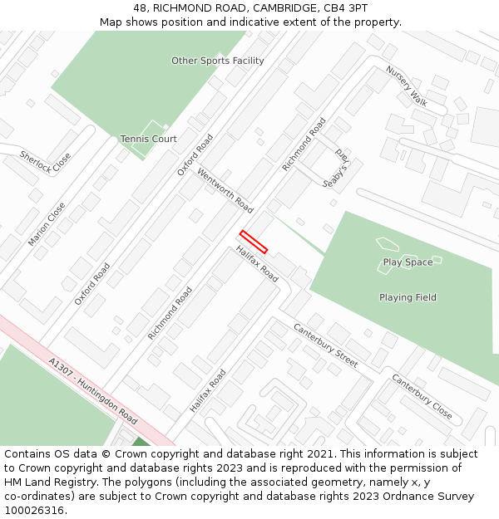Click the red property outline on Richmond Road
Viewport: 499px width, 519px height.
click(x=254, y=241)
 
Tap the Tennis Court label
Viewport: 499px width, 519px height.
click(x=148, y=139)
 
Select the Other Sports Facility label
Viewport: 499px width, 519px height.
click(x=217, y=61)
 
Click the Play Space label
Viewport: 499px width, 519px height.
click(x=408, y=262)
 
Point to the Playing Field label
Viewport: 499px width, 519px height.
click(x=408, y=297)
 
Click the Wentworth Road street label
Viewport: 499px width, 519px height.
click(x=225, y=190)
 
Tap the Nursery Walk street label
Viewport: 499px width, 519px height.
click(x=407, y=86)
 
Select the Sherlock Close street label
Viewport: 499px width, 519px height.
click(x=46, y=162)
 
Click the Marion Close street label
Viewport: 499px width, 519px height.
click(x=47, y=223)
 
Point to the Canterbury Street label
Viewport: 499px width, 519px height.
click(x=325, y=345)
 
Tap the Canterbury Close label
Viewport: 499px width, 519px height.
click(x=422, y=396)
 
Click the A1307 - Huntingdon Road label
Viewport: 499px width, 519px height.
click(x=92, y=390)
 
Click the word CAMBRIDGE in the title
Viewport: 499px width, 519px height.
click(x=279, y=7)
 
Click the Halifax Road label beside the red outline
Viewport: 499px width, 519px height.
click(x=256, y=263)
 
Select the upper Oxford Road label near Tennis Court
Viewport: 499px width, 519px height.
click(x=195, y=155)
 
